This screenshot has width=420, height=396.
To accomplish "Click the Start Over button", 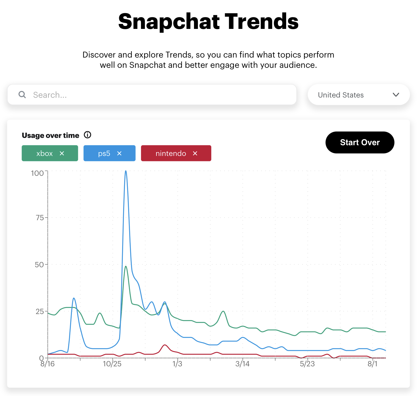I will (360, 142).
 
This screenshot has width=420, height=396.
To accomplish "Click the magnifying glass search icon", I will (22, 95).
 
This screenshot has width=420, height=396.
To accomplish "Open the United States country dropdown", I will (358, 95).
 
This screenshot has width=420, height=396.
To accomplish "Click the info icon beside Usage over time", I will (87, 135).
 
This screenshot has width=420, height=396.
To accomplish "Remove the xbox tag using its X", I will (62, 153).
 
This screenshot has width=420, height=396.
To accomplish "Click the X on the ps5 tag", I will (119, 153).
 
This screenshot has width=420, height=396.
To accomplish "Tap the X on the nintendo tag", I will (195, 153).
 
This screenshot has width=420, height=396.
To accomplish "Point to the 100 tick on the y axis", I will (37, 173).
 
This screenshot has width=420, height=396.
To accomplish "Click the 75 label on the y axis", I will (40, 218).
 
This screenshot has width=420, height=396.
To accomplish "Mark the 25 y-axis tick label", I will (40, 311).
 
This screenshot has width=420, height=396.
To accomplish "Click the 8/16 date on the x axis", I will (48, 364).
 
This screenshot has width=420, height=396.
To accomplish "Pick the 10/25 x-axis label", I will (112, 364).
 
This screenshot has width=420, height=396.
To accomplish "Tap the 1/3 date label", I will (177, 364).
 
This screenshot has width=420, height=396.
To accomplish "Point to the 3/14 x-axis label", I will (242, 364).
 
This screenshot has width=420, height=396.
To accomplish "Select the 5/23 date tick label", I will (307, 364).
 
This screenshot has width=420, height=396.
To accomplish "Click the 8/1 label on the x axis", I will (372, 364).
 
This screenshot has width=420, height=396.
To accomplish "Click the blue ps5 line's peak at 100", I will (126, 171).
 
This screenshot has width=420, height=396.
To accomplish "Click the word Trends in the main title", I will (261, 22).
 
